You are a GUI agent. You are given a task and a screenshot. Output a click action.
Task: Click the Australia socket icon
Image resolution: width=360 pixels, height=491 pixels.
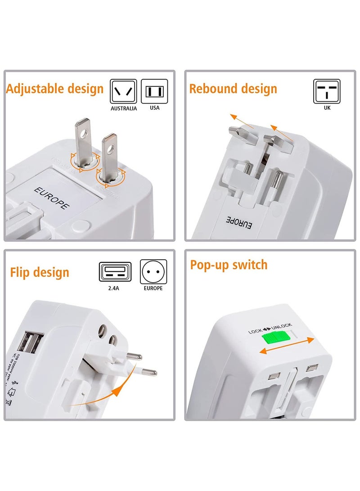(x=123, y=92)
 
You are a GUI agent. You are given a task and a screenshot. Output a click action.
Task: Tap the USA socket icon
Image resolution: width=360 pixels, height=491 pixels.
(x=154, y=92)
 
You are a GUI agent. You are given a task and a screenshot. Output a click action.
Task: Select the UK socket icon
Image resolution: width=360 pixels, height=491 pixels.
(x=327, y=91)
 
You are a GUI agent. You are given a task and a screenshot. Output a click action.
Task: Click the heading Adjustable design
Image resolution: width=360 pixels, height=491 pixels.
(x=55, y=89)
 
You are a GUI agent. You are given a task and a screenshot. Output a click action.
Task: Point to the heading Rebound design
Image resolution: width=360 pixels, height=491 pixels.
(x=233, y=89)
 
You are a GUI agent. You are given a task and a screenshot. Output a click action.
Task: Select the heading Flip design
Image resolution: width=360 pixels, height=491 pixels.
(x=40, y=272)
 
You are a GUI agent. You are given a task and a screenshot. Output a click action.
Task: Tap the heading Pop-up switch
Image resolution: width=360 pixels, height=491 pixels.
(x=229, y=265)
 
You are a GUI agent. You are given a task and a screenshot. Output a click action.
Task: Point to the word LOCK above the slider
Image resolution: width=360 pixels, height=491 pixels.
(x=255, y=332)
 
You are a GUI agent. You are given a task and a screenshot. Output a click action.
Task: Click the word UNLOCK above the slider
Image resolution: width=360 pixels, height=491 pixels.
(x=282, y=326)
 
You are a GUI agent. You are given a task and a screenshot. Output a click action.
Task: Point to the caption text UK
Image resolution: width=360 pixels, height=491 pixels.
(x=327, y=108)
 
